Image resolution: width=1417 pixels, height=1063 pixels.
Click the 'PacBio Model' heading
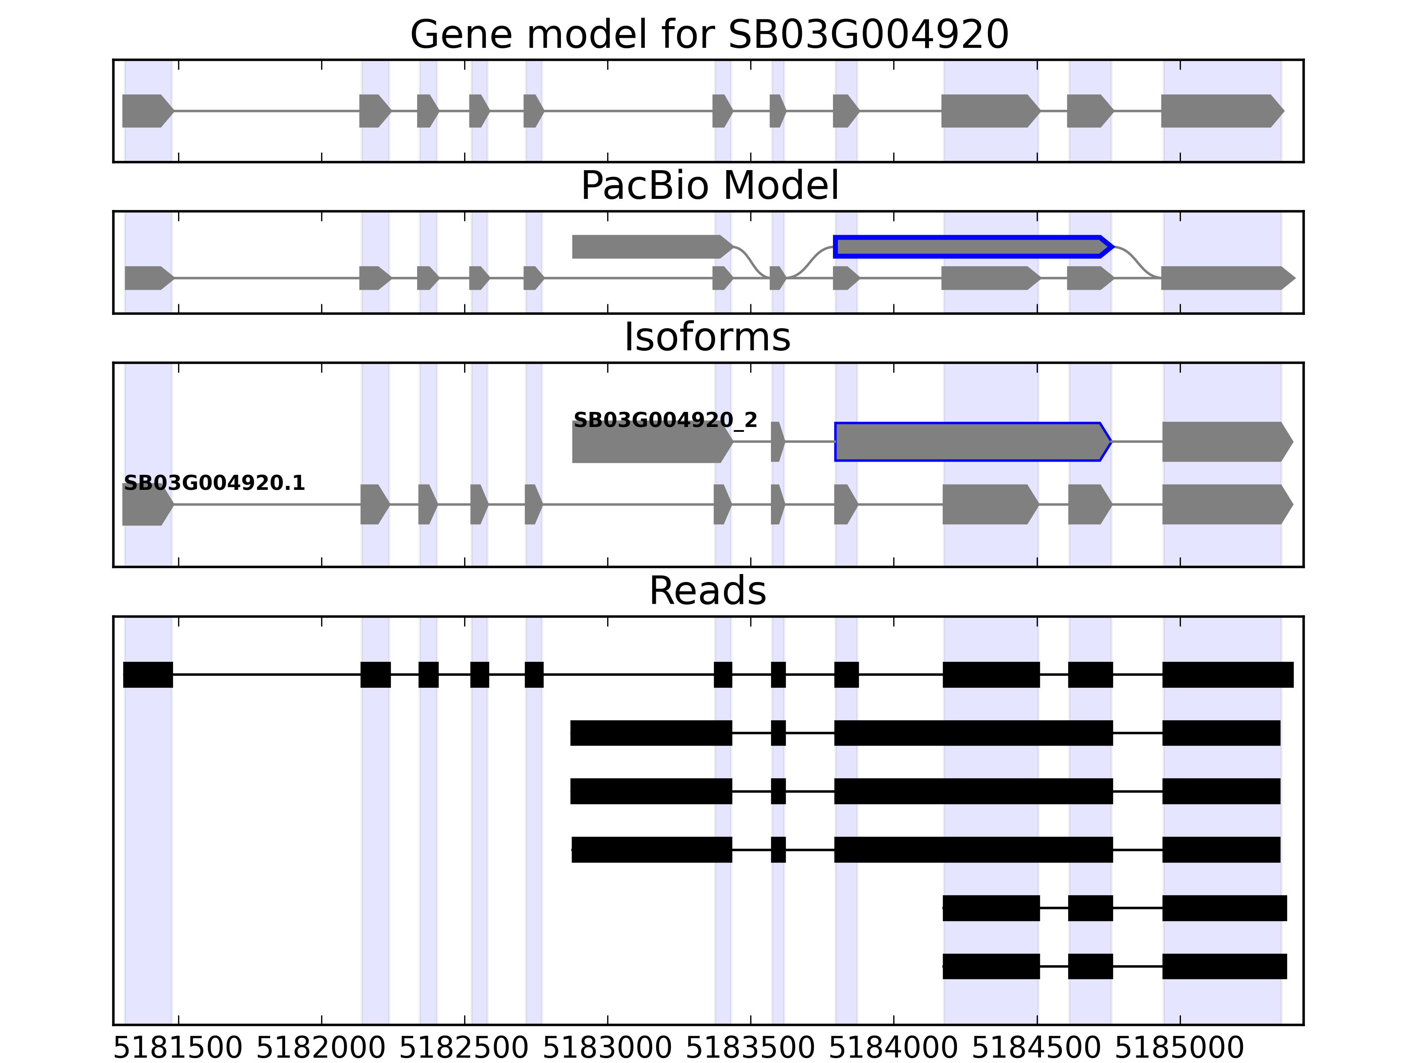(x=708, y=186)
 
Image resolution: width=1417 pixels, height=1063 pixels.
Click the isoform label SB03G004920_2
(x=665, y=420)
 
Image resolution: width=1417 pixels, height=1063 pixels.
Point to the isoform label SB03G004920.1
(x=214, y=483)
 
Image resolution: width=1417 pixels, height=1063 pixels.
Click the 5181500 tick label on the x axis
(x=178, y=1049)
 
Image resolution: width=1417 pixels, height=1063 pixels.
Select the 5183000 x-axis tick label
(x=607, y=1049)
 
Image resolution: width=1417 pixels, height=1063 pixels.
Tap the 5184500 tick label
(x=1037, y=1049)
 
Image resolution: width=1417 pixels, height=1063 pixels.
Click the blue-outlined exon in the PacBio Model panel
(x=971, y=247)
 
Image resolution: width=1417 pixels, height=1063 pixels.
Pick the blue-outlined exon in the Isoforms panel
(x=971, y=442)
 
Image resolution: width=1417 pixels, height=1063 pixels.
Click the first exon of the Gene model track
(x=146, y=111)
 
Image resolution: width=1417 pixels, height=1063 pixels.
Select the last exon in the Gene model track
(x=1220, y=111)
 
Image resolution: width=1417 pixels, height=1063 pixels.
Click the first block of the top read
(x=148, y=675)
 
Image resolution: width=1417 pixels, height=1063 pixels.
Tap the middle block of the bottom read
(x=1090, y=966)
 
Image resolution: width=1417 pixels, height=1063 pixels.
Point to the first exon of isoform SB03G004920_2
(x=650, y=442)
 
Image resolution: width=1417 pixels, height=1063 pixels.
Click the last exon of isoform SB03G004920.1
(x=1225, y=504)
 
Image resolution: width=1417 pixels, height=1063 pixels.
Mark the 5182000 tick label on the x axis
(x=321, y=1049)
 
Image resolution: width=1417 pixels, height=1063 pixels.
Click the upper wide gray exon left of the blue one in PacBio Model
(x=650, y=247)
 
